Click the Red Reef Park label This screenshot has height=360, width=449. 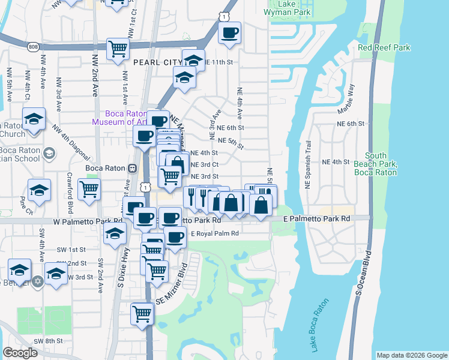[384, 47]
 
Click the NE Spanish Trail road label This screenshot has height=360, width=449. [308, 165]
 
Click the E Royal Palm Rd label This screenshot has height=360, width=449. [214, 233]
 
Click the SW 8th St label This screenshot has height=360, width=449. [48, 341]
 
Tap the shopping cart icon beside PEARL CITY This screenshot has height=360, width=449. [118, 49]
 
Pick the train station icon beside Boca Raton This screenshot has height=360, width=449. [131, 168]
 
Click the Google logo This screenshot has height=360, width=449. [20, 353]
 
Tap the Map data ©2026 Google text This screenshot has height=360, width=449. [411, 355]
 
